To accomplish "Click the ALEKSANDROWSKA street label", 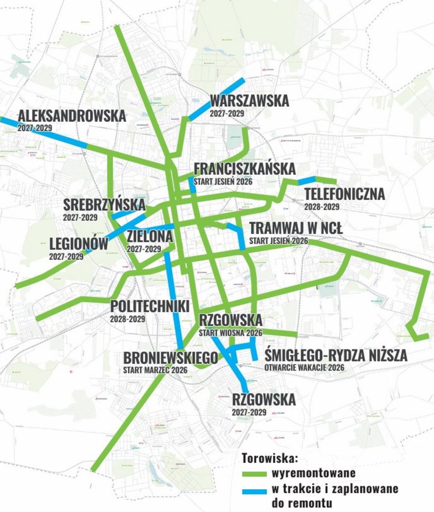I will (71, 116).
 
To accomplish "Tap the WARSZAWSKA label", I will (249, 101).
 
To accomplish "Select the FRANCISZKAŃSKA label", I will (245, 169).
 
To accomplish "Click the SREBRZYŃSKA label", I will (105, 205).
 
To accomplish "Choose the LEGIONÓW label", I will (79, 244).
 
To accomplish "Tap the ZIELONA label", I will (150, 237).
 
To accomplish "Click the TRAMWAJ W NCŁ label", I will (296, 228).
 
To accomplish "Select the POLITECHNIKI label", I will (149, 307).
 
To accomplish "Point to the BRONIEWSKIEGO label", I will (170, 358).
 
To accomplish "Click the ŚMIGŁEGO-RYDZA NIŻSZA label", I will (336, 355).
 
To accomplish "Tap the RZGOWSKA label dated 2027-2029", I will (264, 400).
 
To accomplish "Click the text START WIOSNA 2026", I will (230, 333).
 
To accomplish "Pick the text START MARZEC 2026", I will (155, 370).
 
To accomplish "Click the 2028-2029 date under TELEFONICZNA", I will (322, 207).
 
